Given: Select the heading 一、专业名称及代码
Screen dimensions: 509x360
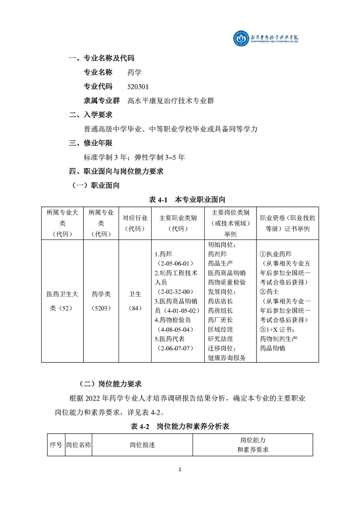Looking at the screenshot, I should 101,58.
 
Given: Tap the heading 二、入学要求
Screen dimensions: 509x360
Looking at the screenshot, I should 90,115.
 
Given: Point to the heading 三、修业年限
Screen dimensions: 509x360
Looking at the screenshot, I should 90,143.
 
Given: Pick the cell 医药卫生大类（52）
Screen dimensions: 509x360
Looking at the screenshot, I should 62,301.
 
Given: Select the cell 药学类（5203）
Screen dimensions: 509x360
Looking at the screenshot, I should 101,301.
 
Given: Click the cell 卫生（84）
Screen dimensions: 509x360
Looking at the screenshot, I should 135,301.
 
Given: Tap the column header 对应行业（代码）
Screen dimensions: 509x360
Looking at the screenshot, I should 135,223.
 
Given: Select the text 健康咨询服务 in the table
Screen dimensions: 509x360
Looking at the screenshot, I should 227,358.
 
